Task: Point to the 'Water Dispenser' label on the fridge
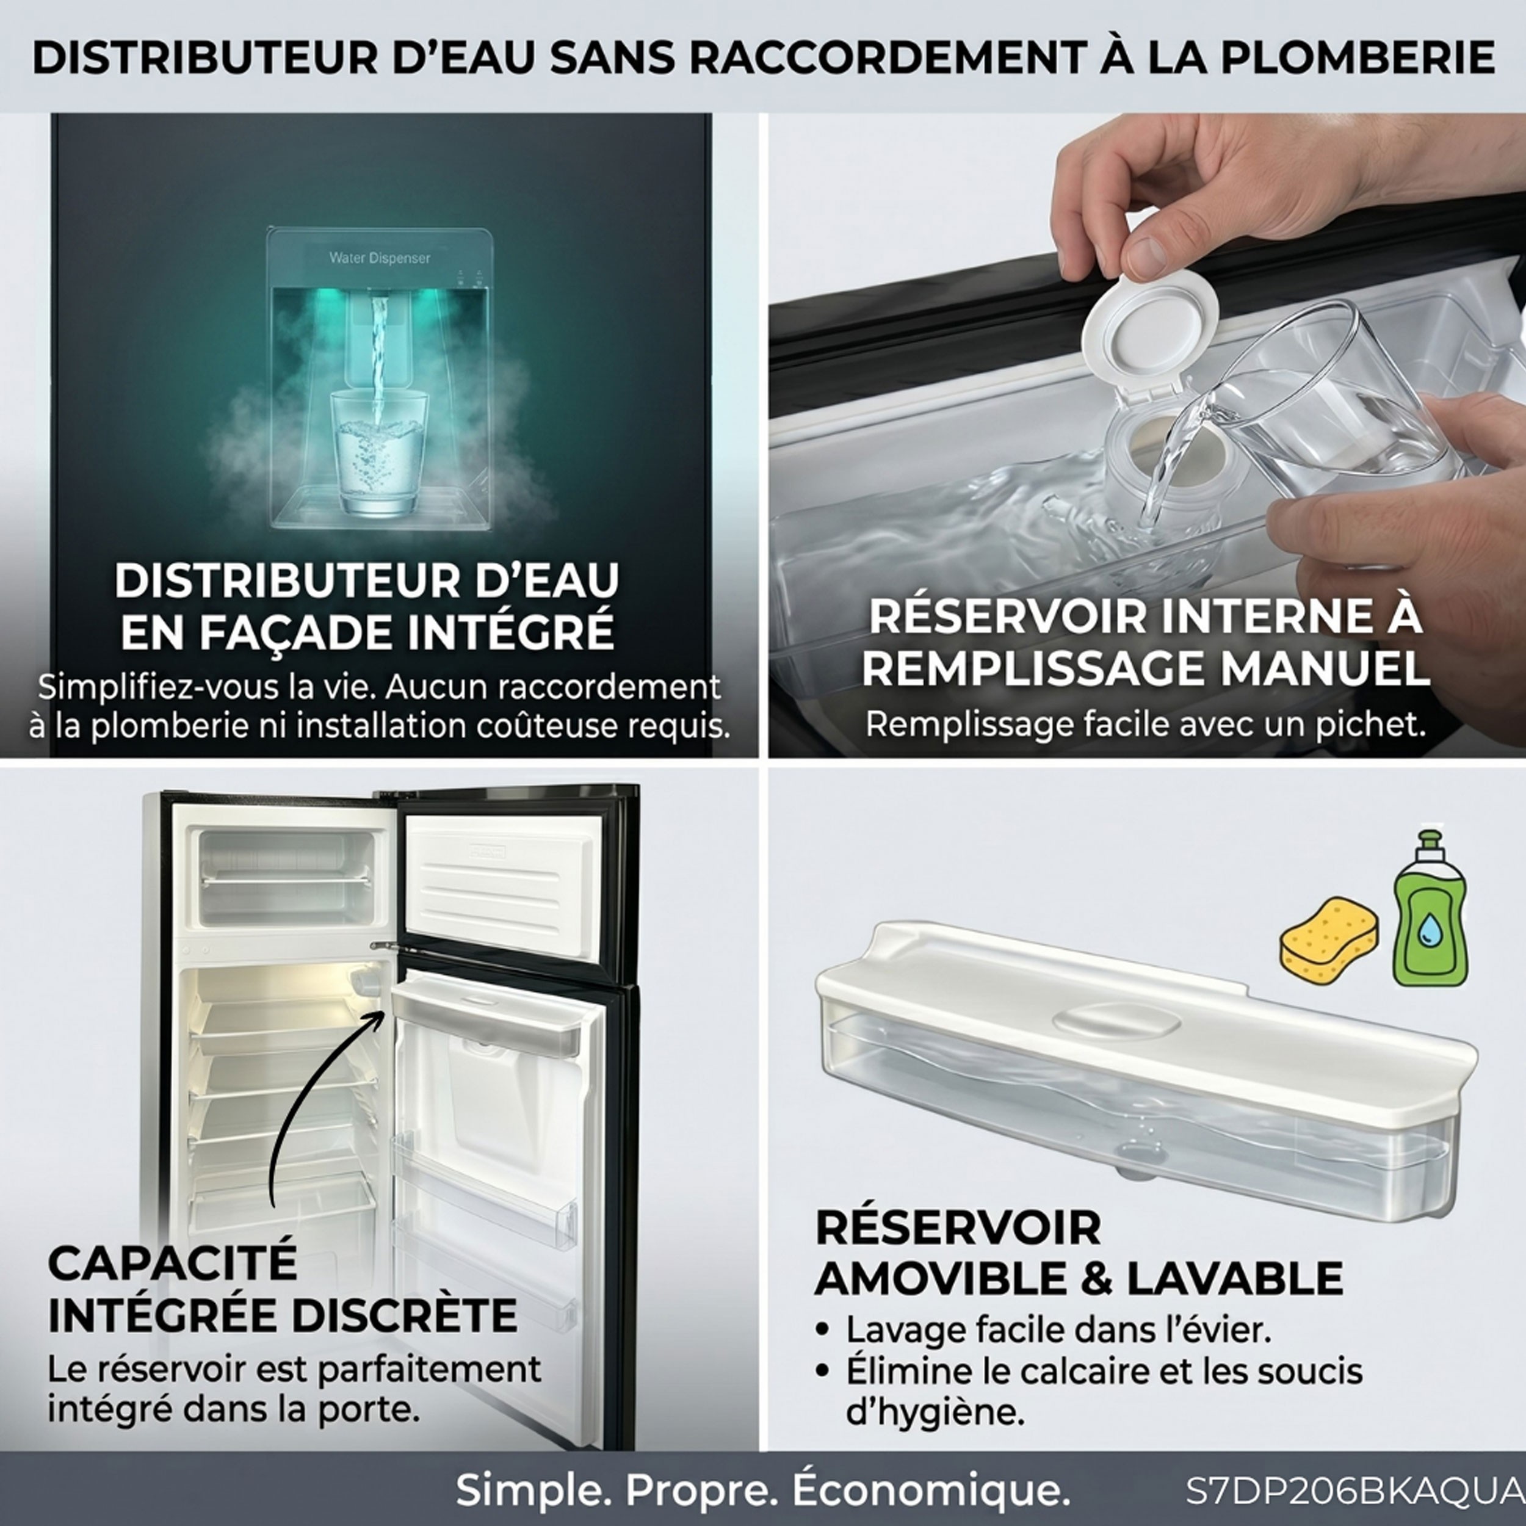[379, 258]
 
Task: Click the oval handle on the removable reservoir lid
[1116, 1018]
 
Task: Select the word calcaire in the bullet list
[1083, 1370]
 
